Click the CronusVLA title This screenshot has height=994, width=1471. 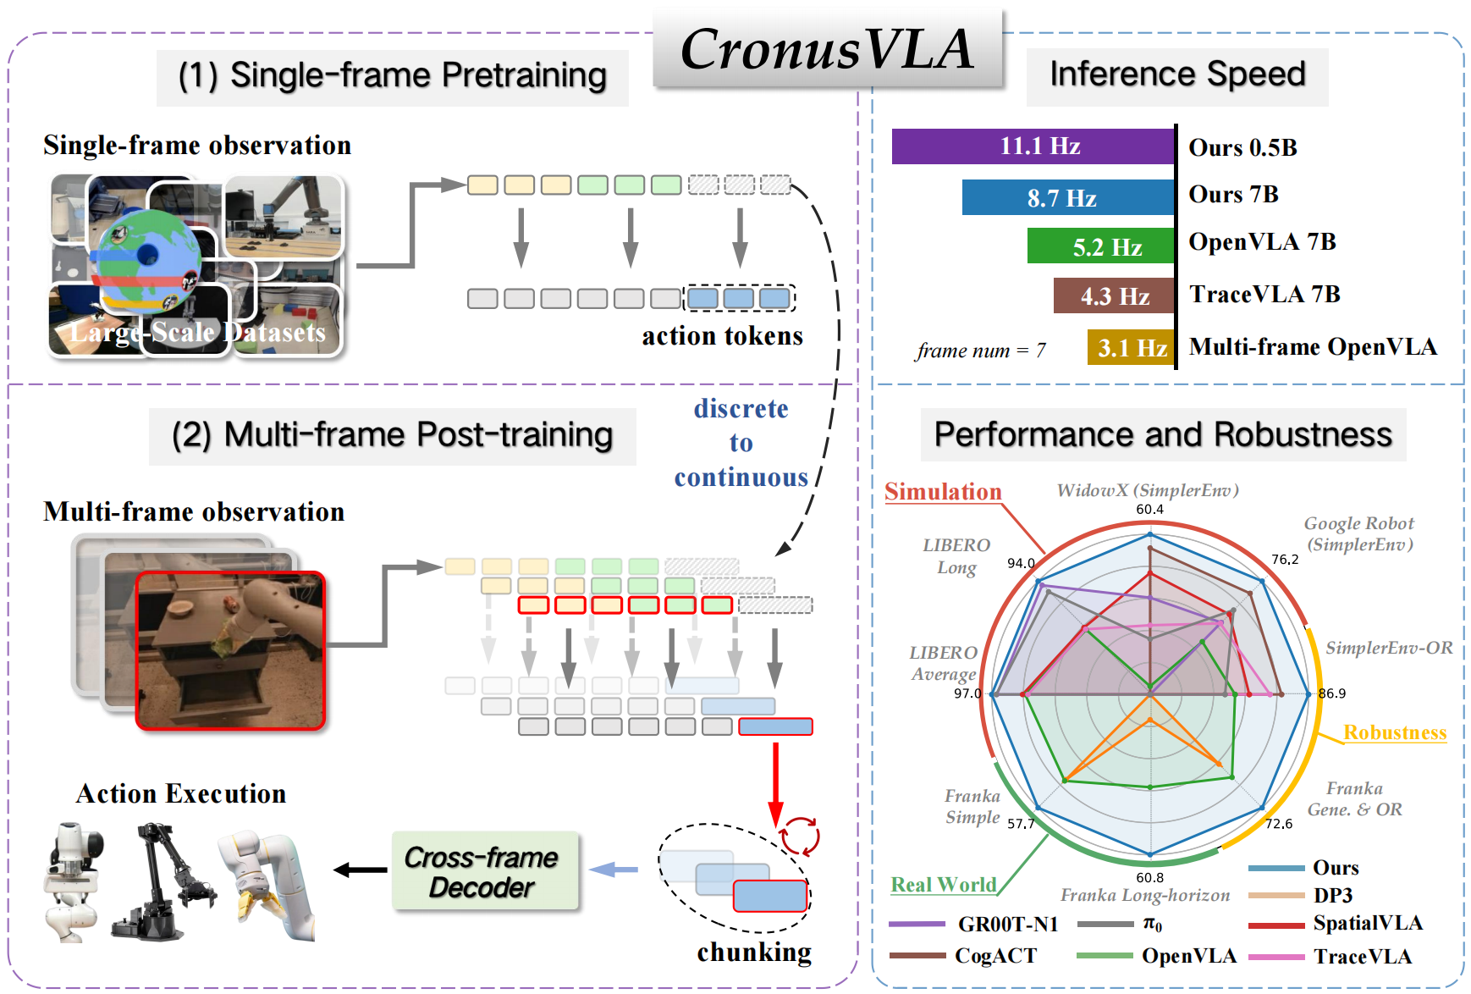[827, 49]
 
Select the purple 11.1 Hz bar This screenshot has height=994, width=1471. [1033, 146]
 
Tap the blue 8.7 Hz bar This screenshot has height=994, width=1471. [1067, 198]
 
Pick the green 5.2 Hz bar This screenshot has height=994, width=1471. [1100, 246]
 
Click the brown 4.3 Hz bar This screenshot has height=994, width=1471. [1114, 296]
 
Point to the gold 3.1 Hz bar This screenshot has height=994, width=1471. [1131, 347]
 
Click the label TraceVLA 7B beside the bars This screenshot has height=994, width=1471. [1264, 295]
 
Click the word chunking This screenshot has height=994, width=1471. [753, 953]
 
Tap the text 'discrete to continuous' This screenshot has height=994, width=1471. [741, 443]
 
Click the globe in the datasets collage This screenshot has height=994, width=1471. [148, 258]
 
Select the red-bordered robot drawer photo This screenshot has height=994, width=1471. [230, 650]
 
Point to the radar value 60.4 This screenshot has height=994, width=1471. [1149, 510]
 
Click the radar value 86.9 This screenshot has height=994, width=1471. [1331, 693]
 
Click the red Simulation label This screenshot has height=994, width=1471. [943, 492]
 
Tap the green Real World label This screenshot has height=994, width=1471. [943, 885]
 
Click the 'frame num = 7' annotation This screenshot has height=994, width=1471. [980, 351]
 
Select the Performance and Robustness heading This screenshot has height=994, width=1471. [1163, 435]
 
